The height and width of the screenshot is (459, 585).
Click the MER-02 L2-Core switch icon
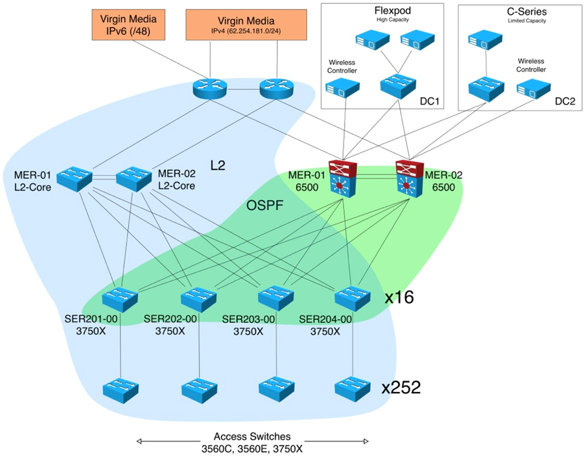click(135, 179)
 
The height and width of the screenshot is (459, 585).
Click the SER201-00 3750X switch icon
click(120, 299)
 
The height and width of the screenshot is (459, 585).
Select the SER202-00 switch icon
click(199, 299)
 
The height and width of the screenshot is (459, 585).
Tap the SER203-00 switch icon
click(276, 299)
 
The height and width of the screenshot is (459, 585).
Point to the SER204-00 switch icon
click(352, 299)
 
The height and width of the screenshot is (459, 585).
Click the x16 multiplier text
click(399, 298)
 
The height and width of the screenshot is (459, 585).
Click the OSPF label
click(263, 206)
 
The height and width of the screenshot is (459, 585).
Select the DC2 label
click(566, 102)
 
